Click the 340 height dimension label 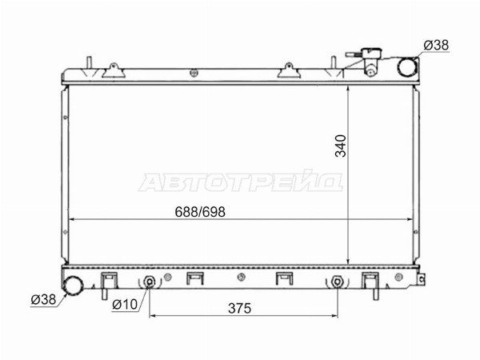(341, 146)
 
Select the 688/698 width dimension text (200, 212)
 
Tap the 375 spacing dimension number (239, 308)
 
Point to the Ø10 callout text (125, 304)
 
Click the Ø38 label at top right (436, 46)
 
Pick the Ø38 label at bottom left (43, 299)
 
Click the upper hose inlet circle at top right (407, 66)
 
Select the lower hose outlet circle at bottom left (73, 286)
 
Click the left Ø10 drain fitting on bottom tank (149, 282)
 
